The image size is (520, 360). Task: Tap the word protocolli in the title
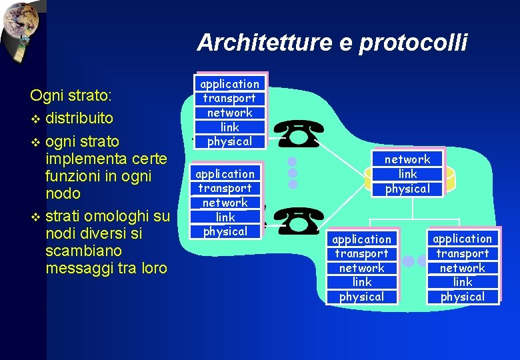tap(413, 43)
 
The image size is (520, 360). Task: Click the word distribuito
tap(79, 119)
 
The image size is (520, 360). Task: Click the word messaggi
tap(79, 268)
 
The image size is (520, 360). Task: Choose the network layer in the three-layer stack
tap(407, 159)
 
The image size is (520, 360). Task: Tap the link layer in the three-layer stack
tap(407, 174)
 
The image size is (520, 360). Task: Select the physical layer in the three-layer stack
tap(407, 189)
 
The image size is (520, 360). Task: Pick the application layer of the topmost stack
tap(230, 84)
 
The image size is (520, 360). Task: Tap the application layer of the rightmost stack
tap(462, 239)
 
